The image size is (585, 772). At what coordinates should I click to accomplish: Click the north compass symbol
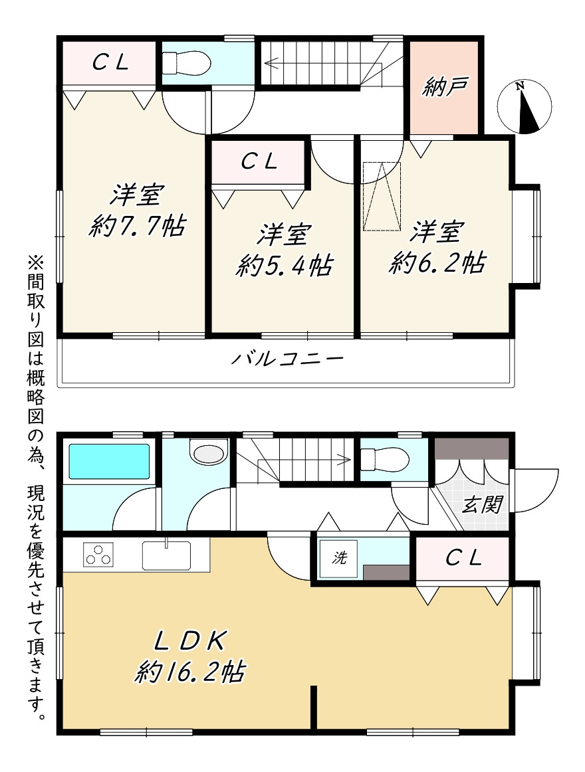tap(525, 106)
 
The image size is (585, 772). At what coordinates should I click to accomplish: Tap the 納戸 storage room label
tap(444, 86)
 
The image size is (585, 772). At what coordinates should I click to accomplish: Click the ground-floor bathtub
tap(109, 461)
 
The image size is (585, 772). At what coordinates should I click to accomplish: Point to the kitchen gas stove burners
tap(98, 554)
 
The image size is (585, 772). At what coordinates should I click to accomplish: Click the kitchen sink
tap(167, 555)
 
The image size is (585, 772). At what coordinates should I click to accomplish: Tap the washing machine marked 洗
tap(339, 558)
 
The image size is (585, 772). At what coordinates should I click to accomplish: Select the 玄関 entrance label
tap(481, 504)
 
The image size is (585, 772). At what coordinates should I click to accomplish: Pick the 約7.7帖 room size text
tap(138, 227)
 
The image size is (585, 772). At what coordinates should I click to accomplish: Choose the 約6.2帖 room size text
tap(437, 263)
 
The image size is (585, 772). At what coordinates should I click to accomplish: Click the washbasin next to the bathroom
tap(209, 452)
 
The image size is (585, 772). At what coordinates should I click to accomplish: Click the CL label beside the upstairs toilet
tap(111, 62)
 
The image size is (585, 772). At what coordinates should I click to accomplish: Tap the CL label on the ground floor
tap(463, 558)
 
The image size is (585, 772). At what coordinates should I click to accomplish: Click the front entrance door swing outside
tap(534, 491)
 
